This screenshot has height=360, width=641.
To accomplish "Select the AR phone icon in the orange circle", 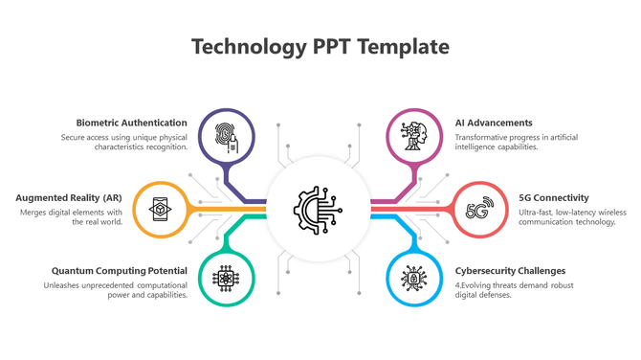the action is coord(160,209).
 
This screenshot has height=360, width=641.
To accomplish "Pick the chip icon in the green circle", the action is coord(227,279).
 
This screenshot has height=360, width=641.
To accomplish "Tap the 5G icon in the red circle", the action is coord(480,209).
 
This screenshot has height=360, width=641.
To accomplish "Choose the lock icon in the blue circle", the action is coord(414,279).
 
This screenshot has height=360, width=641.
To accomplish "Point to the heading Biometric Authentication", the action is coord(132,123).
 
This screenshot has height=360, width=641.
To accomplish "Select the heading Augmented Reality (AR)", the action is coord(69,197).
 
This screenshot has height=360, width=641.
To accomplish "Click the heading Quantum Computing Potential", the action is coord(120,270).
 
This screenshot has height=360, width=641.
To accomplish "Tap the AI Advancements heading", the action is coord(494,123).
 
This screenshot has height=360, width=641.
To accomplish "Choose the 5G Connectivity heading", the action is coord(554,197).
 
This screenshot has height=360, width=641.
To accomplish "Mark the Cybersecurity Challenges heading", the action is coord(510,270).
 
